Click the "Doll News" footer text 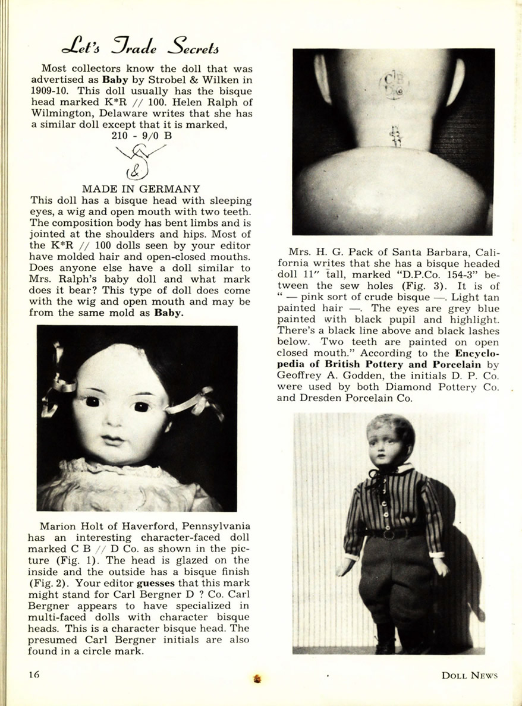tap(469, 675)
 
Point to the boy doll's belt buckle tap(390, 534)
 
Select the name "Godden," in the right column tap(351, 375)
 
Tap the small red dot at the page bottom tap(257, 678)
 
